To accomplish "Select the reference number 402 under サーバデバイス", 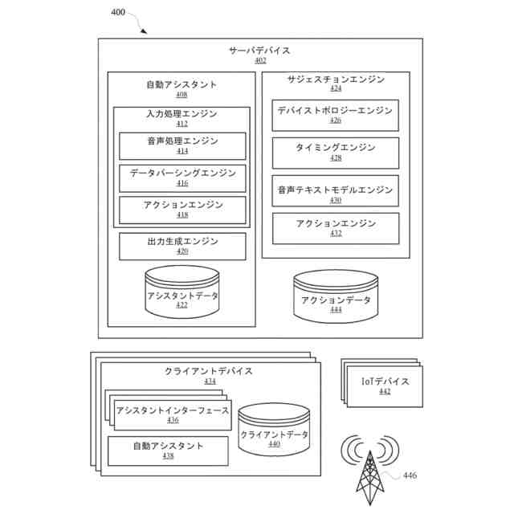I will (x=259, y=60).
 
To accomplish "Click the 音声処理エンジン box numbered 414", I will (x=182, y=145).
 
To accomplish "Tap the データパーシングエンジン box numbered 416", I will (x=182, y=177).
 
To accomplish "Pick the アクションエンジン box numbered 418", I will (x=182, y=209).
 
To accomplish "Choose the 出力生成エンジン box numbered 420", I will (x=182, y=246).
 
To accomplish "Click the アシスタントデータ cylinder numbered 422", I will (x=182, y=294).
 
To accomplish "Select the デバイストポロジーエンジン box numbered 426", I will (x=335, y=115).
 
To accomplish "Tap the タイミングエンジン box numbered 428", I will (x=335, y=153).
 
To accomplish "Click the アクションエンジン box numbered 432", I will (x=335, y=228).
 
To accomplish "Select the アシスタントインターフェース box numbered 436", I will (x=172, y=414).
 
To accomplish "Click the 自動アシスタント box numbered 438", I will (x=168, y=451).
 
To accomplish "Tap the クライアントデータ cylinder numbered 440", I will (x=274, y=432).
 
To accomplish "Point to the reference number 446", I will (x=410, y=476).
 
